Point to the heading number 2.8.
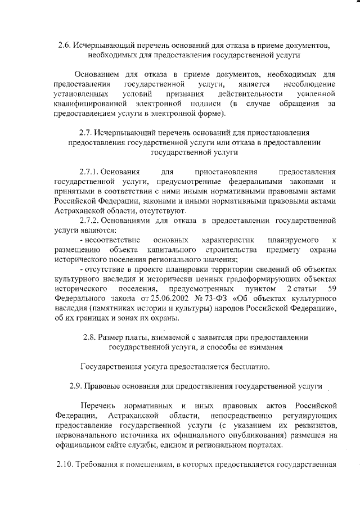[x=91, y=337]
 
